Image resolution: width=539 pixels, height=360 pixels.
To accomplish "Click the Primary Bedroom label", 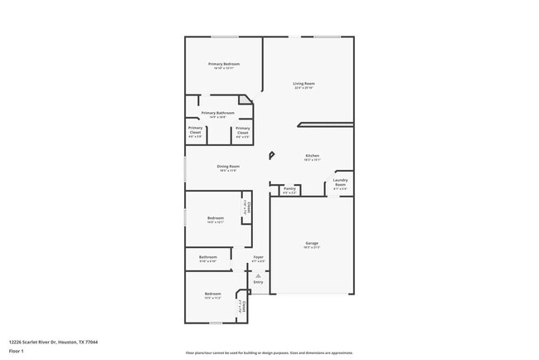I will click(224, 64).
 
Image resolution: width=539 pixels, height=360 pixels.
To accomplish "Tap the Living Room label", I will click(303, 83).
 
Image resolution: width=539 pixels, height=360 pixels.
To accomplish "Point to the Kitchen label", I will click(313, 155).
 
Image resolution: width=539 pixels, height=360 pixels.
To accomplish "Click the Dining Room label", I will click(228, 167).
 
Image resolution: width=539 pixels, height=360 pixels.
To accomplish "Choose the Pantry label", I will click(289, 188).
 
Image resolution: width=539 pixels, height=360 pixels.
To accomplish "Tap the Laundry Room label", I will click(340, 182).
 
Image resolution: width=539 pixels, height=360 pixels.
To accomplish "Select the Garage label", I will click(311, 243).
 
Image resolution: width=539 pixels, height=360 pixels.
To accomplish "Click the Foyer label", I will click(259, 257).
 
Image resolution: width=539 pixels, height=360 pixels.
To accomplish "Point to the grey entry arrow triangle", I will click(258, 275).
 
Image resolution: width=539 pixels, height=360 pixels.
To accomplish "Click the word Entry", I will click(258, 282).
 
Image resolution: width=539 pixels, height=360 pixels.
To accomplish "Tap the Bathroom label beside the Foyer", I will click(207, 257).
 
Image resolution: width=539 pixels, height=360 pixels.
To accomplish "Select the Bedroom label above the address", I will click(213, 294).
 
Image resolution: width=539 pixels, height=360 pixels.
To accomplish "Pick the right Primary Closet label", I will click(242, 129).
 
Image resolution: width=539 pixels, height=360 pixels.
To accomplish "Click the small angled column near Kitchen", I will click(270, 155).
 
